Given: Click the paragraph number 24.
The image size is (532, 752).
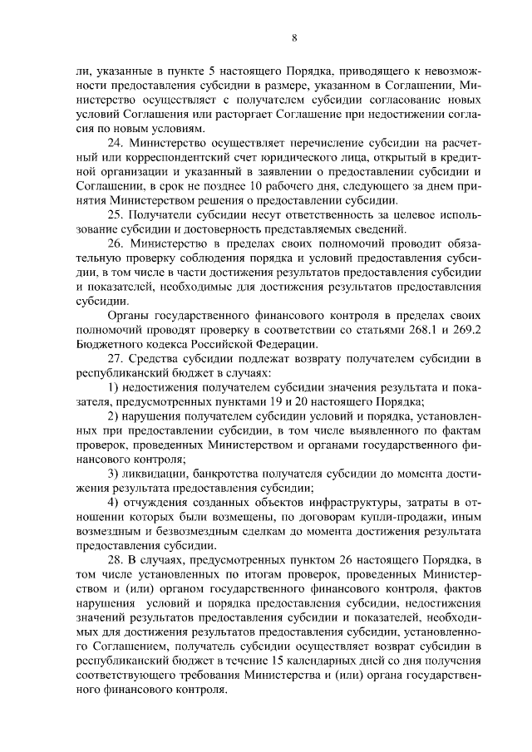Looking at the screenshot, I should [116, 142].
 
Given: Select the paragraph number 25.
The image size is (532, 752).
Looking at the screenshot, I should [116, 214].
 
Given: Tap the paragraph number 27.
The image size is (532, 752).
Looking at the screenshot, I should [116, 358].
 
